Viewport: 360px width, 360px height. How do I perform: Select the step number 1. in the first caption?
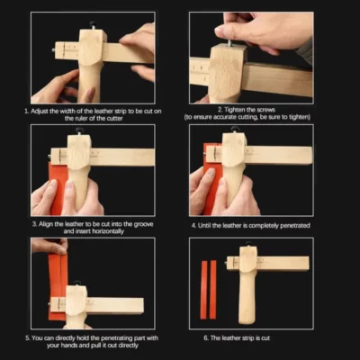coord(27,108)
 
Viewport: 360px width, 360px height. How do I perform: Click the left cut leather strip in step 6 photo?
coord(204,289)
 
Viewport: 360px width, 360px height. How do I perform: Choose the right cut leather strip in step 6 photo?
coord(213,289)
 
